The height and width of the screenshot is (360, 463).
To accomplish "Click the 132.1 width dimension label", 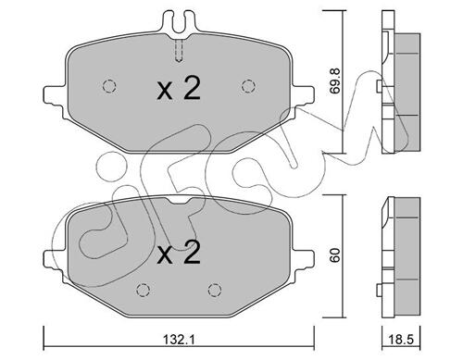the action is tap(179, 341).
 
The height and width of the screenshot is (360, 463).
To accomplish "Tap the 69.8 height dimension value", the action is tap(334, 81).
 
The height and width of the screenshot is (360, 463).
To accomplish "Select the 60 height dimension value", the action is tap(334, 255).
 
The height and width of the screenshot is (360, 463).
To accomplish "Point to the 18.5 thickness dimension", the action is tap(400, 341).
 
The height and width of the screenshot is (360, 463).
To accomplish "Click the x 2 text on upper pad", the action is tap(179, 88).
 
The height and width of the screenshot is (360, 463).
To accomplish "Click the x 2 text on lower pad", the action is tap(179, 253).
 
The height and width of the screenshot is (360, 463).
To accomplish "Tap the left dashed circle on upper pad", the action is tap(109, 86).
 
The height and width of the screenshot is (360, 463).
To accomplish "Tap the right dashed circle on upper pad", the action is tap(248, 86).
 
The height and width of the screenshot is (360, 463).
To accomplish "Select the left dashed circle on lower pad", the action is tap(143, 290).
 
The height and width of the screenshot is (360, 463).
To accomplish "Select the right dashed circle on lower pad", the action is tap(215, 290).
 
